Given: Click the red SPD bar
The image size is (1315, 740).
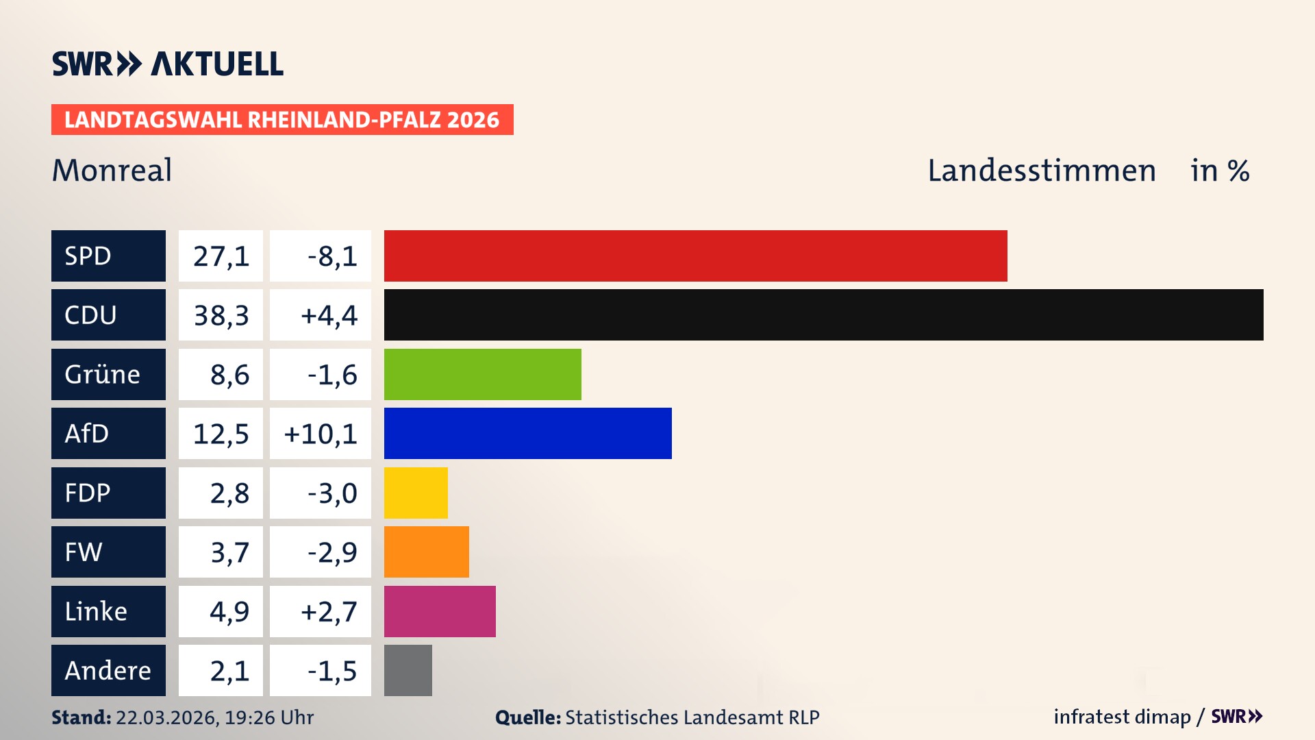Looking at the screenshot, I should pos(695,256).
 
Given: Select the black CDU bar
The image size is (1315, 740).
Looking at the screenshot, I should pos(823,315).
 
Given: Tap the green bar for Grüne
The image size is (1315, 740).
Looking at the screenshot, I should pos(482,374).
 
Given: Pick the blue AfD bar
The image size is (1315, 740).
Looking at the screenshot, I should pos(527,433).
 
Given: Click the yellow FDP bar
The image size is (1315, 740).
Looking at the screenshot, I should pos(416,493).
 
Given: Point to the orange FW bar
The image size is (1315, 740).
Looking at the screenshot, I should pos(426,552).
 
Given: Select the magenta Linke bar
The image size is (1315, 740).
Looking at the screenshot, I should pos(440,611).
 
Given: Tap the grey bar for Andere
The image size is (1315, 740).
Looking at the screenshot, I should pos(408,670).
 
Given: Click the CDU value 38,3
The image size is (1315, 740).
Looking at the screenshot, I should pos(221,315).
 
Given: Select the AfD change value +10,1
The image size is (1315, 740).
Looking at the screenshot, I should pos(321,433).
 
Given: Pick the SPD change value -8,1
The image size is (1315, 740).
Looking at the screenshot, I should pos(331,256).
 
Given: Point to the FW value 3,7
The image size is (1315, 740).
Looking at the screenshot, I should pos(229,552).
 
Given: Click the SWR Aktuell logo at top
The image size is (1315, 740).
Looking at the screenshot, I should pos(167,64).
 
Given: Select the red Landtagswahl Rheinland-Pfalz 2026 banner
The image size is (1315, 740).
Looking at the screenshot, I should pos(282,120).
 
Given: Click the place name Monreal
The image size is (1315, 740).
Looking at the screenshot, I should pos(112,170).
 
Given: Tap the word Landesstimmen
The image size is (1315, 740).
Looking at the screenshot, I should pos(1041,170).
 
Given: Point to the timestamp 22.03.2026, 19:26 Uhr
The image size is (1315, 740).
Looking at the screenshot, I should pos(214,717).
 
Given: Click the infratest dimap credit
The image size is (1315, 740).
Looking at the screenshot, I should pos(1122,717).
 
